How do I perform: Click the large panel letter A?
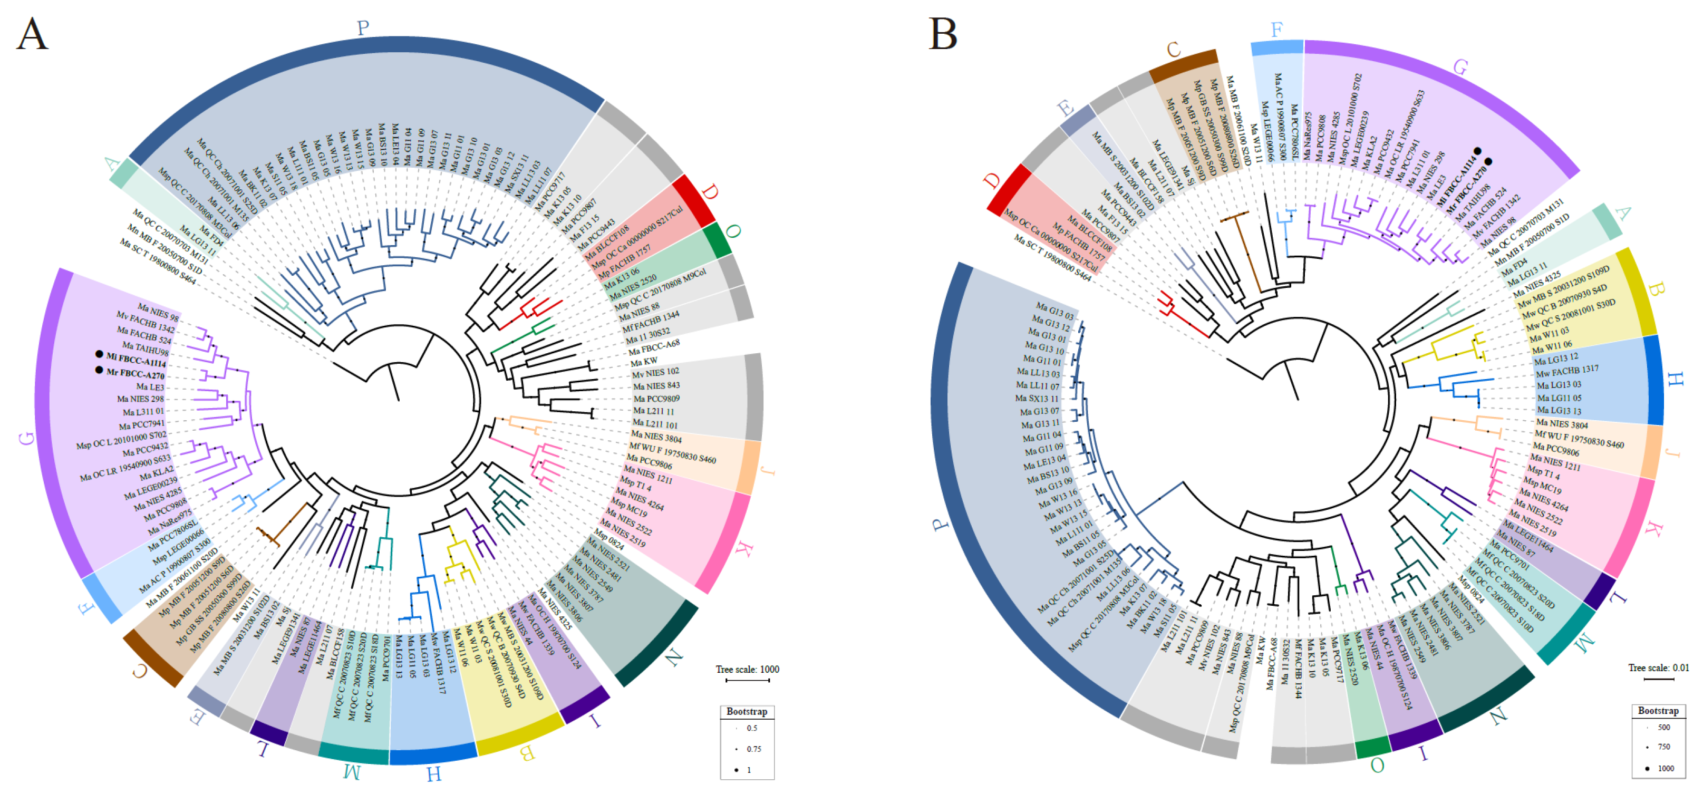click(32, 34)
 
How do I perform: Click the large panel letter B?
click(943, 34)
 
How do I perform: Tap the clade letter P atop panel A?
click(362, 28)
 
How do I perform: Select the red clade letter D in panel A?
click(709, 193)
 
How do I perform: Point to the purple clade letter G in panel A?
click(27, 438)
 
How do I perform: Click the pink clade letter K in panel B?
click(1653, 529)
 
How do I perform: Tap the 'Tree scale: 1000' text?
click(747, 669)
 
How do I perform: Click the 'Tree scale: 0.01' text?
click(1658, 667)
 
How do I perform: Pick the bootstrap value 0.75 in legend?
click(753, 749)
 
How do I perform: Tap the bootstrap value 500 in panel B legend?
click(1664, 727)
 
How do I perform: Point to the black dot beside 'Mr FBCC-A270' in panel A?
click(99, 370)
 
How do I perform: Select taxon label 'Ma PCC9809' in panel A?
click(656, 399)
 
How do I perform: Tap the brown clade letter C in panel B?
click(1174, 50)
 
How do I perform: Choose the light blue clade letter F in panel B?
click(1276, 30)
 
